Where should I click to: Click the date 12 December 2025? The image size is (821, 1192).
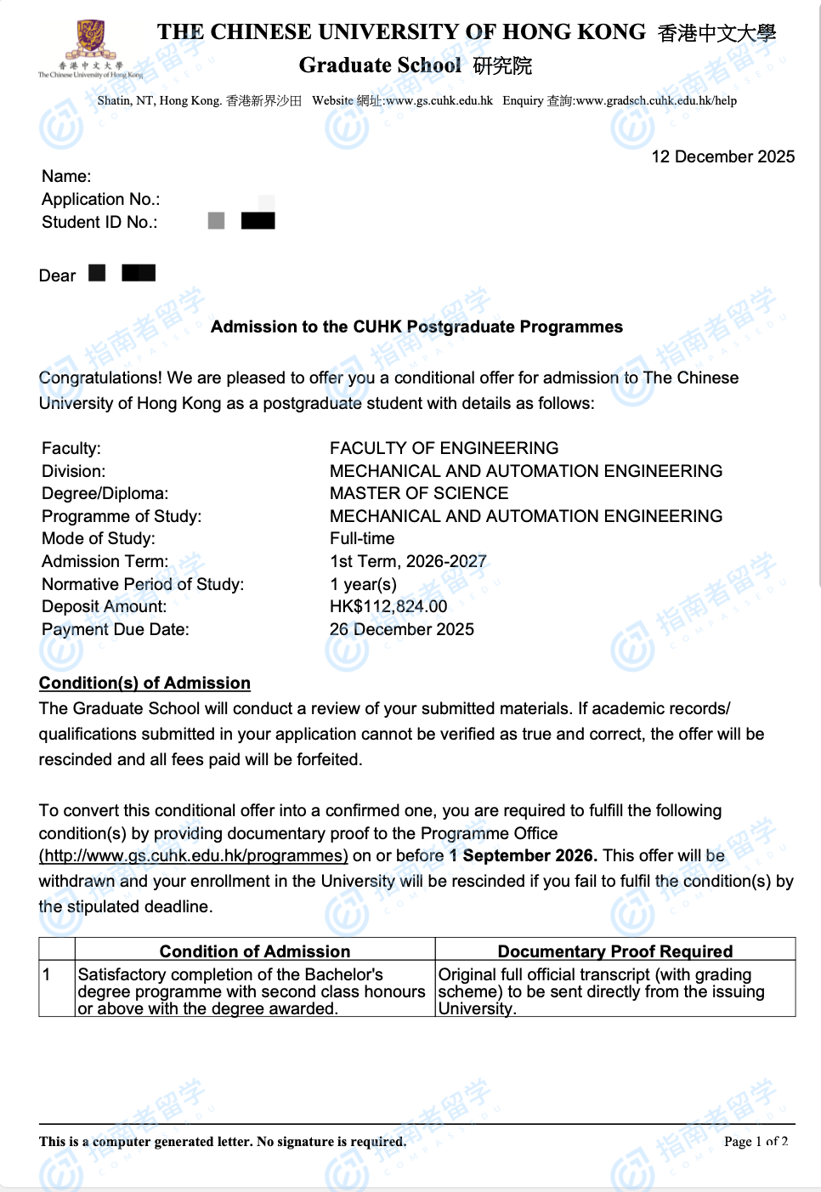(x=722, y=156)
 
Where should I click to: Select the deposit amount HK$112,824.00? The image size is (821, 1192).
(x=388, y=606)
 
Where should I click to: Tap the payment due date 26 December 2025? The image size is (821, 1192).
(x=402, y=629)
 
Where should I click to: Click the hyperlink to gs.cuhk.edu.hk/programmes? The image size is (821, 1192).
(x=194, y=855)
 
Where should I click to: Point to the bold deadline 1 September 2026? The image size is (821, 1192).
(x=523, y=855)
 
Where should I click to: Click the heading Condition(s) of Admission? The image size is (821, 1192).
(x=144, y=683)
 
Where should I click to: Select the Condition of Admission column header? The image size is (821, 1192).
(x=255, y=951)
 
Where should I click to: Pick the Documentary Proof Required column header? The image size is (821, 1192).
(x=615, y=951)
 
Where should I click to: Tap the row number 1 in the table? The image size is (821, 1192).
(x=47, y=974)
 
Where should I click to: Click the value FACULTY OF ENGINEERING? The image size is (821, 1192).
(x=444, y=448)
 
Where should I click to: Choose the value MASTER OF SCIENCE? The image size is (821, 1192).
(x=419, y=493)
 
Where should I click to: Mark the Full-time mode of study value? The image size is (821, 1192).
(x=362, y=538)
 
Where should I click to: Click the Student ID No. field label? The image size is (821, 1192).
(x=99, y=222)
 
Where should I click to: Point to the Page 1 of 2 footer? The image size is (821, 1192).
(x=756, y=1141)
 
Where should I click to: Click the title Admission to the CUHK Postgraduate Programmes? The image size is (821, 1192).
(x=416, y=326)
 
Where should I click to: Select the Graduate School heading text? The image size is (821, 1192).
(x=380, y=65)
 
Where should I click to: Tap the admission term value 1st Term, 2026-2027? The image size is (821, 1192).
(x=408, y=561)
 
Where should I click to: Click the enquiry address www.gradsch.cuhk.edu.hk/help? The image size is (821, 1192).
(x=656, y=100)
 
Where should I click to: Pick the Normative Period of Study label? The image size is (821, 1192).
(x=143, y=584)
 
